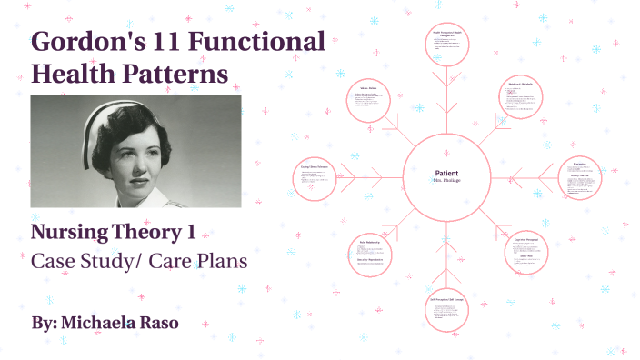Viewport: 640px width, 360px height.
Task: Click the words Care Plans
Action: (204, 260)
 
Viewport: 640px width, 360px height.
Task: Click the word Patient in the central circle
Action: (446, 173)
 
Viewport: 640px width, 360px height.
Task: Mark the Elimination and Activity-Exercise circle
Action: (584, 178)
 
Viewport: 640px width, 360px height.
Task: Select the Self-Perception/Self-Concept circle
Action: (448, 314)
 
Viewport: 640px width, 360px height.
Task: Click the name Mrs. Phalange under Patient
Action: (446, 181)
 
